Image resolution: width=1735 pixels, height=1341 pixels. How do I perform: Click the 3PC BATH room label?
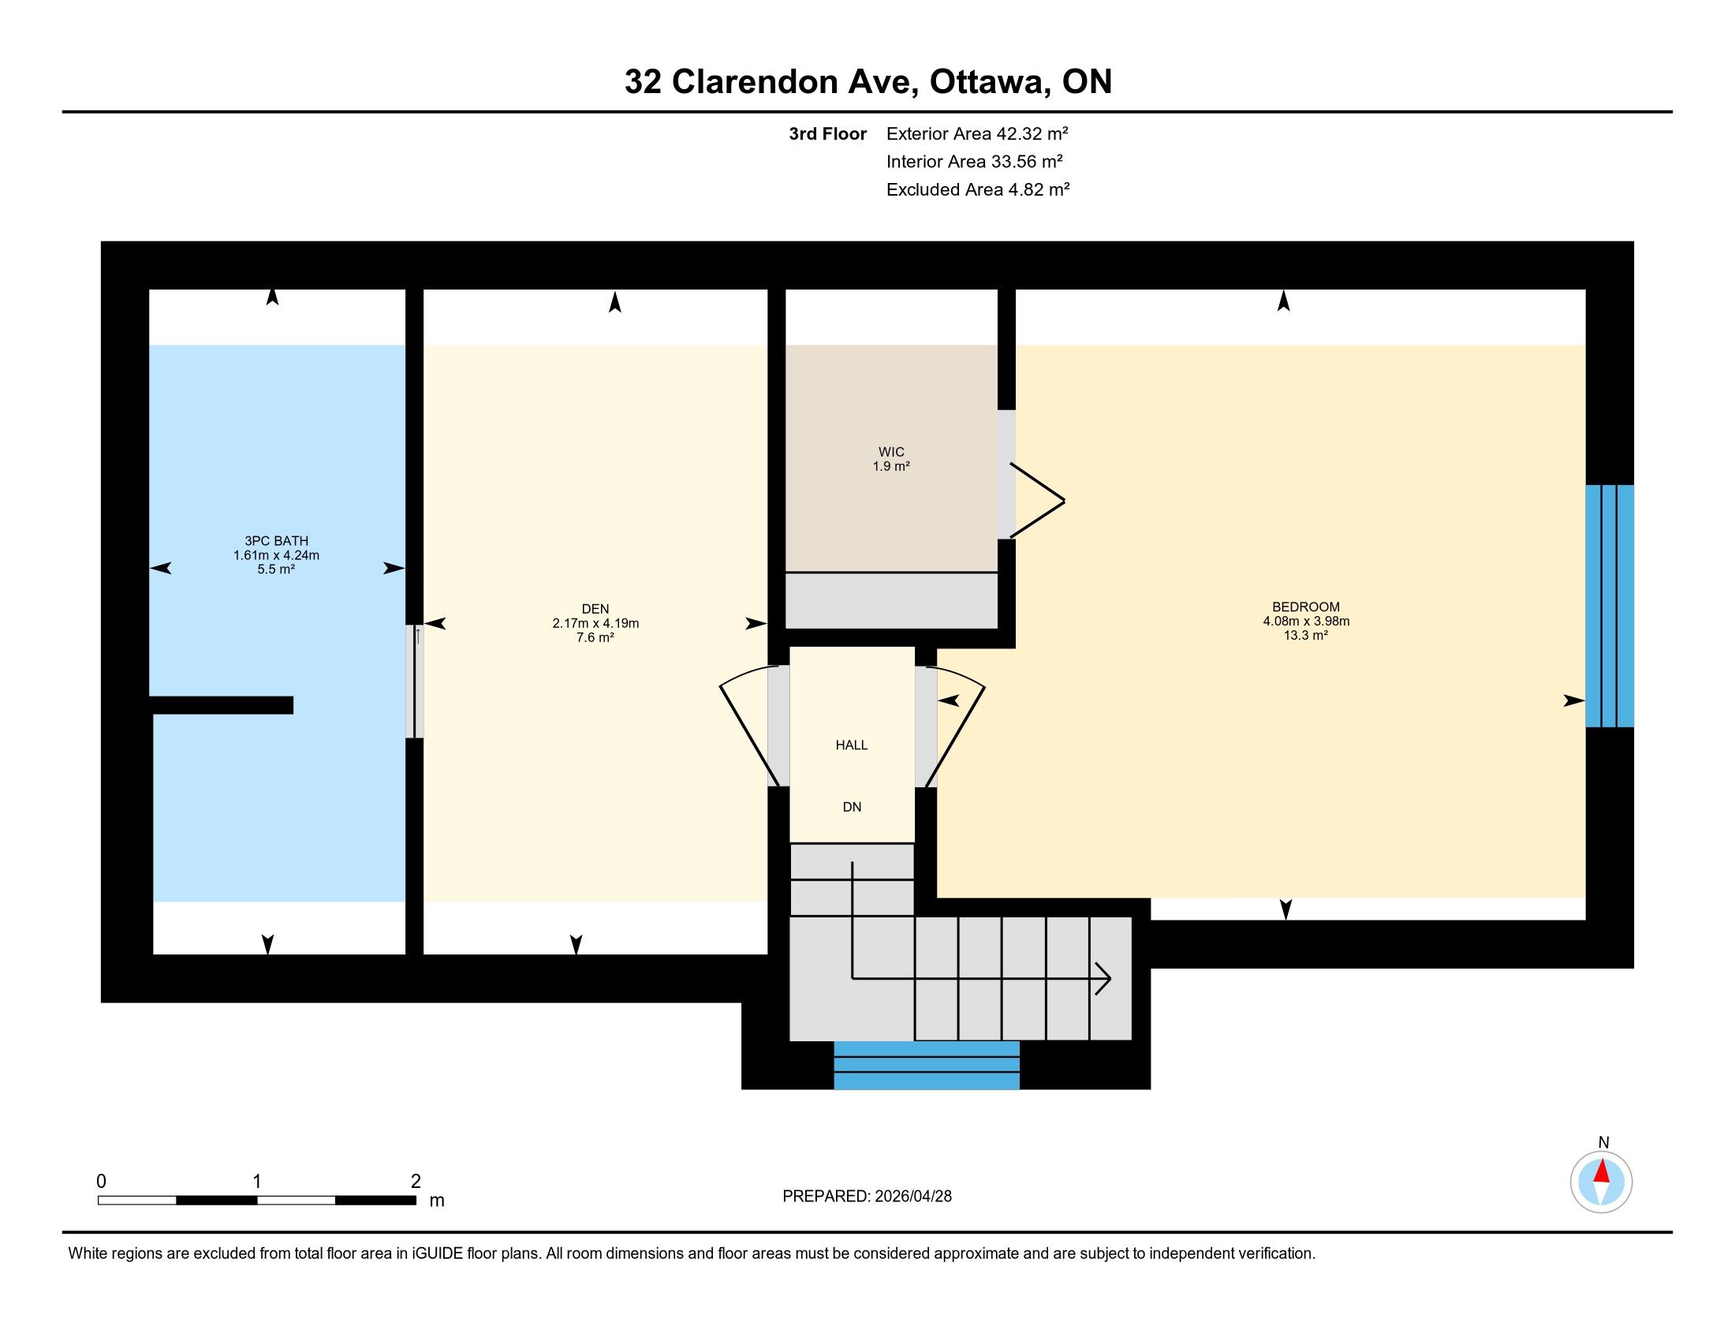[277, 541]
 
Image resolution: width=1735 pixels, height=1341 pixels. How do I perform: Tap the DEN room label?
[595, 609]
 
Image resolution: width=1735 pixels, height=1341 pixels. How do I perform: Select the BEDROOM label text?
[1306, 607]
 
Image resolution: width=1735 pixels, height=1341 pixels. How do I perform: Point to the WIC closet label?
[891, 452]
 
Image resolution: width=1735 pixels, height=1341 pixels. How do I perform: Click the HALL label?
[852, 745]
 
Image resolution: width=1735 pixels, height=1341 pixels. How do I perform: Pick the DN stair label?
[852, 807]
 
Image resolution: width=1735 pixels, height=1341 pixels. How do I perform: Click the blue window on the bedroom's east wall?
[1610, 605]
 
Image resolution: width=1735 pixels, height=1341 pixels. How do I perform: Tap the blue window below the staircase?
[927, 1065]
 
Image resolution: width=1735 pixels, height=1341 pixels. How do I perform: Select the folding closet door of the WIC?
[1037, 500]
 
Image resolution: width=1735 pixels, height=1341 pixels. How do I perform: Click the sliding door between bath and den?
[415, 682]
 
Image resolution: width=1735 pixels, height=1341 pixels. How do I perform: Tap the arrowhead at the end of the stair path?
[1104, 978]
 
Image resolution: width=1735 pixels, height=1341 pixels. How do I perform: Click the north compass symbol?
[1602, 1182]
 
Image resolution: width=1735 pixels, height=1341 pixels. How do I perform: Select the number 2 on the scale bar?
[416, 1182]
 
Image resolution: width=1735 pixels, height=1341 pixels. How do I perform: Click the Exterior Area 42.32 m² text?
[977, 133]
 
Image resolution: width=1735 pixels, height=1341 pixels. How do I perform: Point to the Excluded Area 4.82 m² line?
[978, 189]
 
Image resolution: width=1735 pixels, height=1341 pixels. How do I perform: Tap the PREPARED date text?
[867, 1197]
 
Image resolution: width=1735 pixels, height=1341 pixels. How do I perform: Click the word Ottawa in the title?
[987, 82]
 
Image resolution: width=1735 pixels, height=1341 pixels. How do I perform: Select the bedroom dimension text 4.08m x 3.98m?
[1306, 622]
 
